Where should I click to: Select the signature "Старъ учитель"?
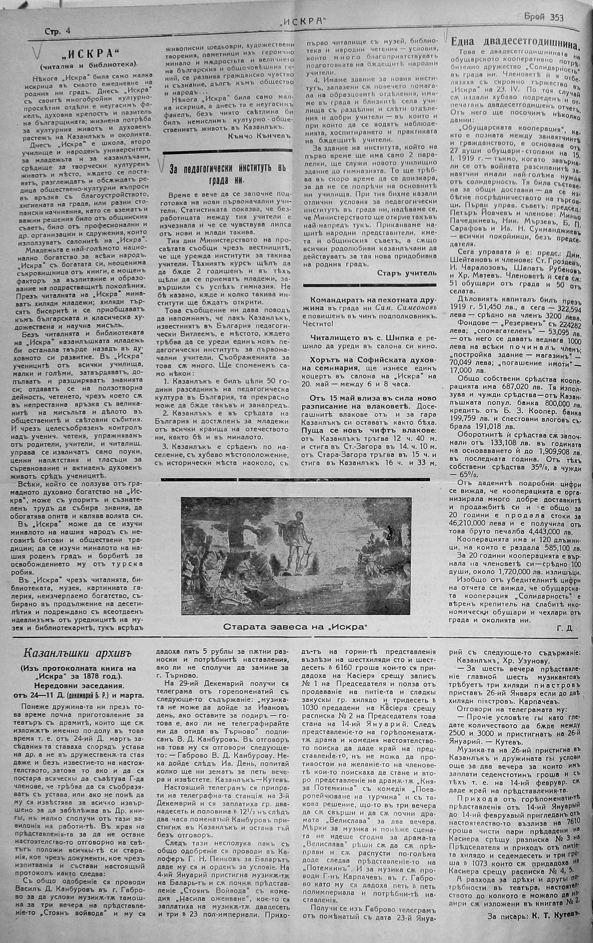pyautogui.click(x=407, y=273)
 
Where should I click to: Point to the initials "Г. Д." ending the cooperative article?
pyautogui.click(x=564, y=628)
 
